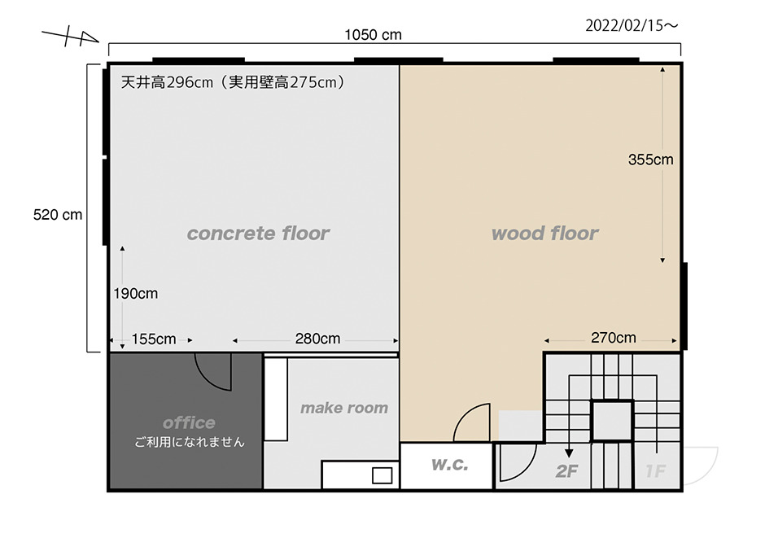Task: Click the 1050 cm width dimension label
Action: coord(373,35)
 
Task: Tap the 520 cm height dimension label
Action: coord(58,215)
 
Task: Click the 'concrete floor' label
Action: coord(258,233)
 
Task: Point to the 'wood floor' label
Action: coord(544,233)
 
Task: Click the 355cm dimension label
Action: coord(650,160)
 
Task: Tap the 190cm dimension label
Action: coord(136,294)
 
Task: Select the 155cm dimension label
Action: coord(154,339)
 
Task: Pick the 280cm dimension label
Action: coord(317,339)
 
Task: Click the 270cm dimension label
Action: coord(614,338)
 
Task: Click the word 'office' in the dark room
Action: coord(189,422)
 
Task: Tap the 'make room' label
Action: coord(344,408)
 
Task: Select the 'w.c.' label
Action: coord(449,465)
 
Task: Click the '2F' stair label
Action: coord(566,471)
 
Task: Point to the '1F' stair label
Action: coord(655,471)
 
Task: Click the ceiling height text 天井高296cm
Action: coord(167,82)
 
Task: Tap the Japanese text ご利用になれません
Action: coord(190,443)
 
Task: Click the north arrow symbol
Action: coord(71,36)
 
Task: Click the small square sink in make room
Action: coord(382,475)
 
